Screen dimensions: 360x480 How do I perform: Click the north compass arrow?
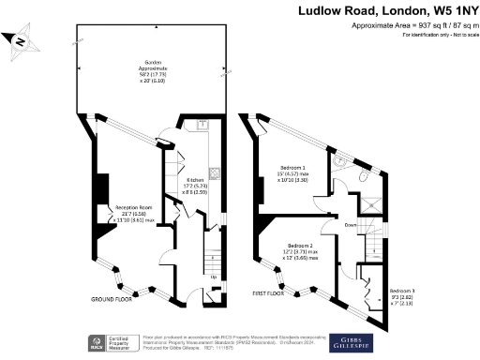pos(23,41)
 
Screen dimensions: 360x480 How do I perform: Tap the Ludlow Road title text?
pos(390,11)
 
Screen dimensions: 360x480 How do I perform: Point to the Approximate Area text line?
pos(413,25)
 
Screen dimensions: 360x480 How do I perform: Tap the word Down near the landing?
pos(349,225)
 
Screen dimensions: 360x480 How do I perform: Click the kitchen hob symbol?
pos(214,172)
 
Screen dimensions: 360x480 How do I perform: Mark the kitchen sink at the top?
pos(202,125)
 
